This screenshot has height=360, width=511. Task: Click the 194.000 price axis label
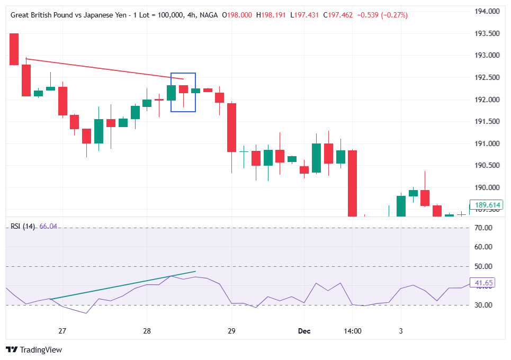point(487,11)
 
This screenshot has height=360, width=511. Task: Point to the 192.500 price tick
point(487,77)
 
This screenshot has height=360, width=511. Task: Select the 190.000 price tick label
point(487,188)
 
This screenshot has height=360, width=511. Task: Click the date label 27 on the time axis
point(62,331)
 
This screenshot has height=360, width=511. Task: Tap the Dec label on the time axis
point(304,331)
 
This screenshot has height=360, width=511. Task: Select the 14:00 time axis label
point(353,331)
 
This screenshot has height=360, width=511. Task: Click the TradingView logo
point(34,350)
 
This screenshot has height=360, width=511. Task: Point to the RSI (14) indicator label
point(23,227)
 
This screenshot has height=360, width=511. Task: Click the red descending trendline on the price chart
point(106,69)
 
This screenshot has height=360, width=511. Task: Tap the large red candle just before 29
point(231,127)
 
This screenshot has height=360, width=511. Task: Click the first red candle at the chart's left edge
point(14,49)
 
